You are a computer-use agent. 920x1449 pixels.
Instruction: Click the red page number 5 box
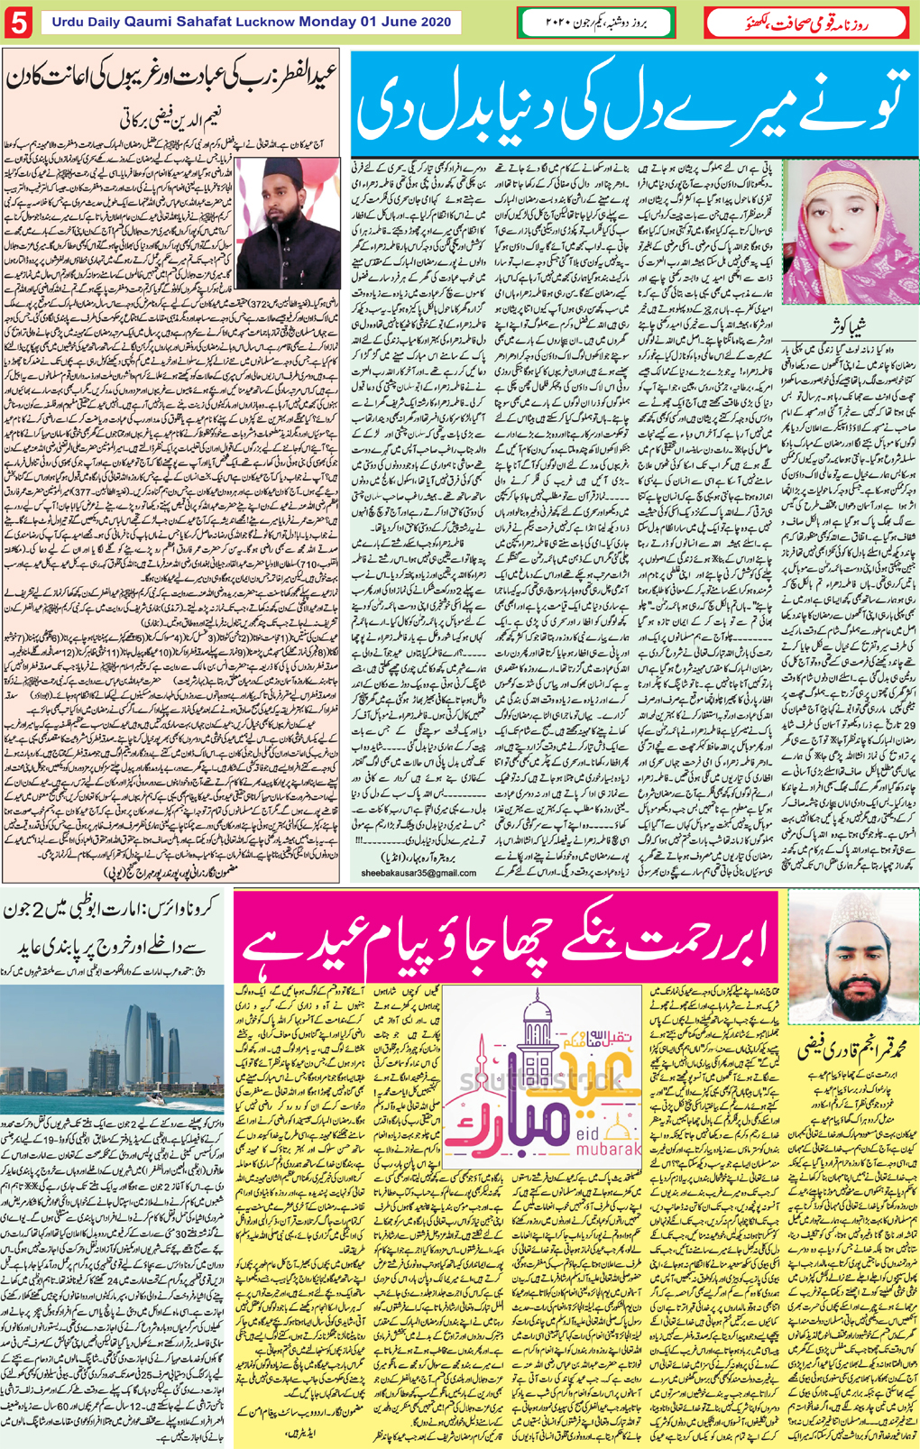pos(18,23)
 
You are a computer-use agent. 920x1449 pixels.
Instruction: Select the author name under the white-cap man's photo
pos(850,1050)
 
